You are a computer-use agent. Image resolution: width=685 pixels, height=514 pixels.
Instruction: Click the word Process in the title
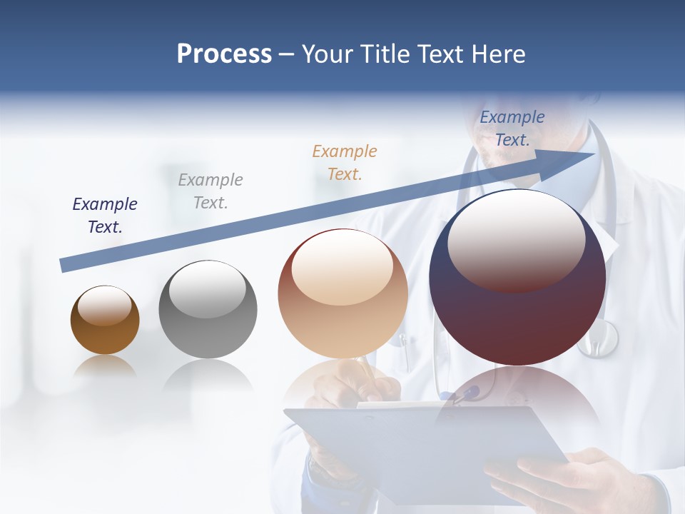pos(224,54)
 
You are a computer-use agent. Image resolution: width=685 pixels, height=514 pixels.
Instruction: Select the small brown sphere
pos(105,321)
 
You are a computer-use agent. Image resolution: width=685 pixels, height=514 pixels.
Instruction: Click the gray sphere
pos(208,310)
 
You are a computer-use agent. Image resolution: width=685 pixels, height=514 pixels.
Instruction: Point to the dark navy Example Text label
pos(105,216)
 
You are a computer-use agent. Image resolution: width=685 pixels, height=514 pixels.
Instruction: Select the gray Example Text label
pos(210,191)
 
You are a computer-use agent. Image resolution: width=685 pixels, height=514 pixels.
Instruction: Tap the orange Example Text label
pos(345,162)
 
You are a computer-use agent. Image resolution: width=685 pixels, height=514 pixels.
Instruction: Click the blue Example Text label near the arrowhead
pos(512,128)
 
